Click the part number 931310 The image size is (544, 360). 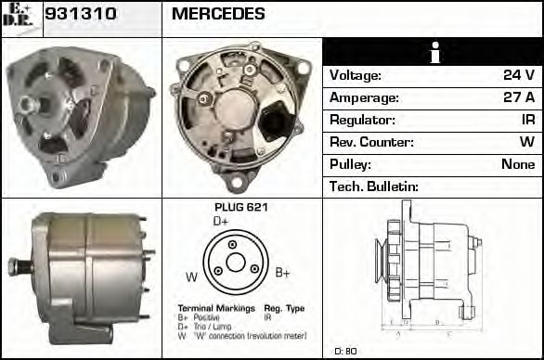[78, 15]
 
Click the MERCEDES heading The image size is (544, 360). [218, 15]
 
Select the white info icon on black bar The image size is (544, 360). [433, 52]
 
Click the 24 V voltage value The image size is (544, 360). [517, 75]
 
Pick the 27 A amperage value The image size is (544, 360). [517, 97]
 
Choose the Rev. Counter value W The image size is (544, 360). [526, 142]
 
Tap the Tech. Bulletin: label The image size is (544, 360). [374, 186]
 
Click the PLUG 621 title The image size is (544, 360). [240, 208]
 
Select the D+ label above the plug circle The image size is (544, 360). [221, 222]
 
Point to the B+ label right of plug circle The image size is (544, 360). [283, 273]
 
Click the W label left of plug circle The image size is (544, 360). [191, 276]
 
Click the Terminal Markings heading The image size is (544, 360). [207, 308]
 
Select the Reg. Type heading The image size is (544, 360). [284, 308]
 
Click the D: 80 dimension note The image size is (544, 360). [345, 351]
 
